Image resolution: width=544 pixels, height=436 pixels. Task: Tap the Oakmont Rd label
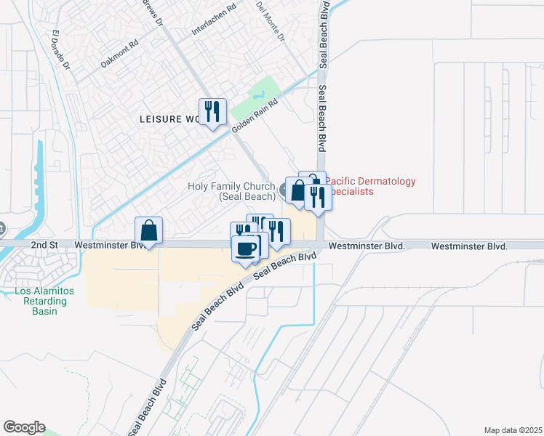[x=119, y=53]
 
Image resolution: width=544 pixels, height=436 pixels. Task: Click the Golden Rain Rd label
[x=255, y=116]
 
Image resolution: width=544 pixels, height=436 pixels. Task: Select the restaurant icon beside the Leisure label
[x=212, y=112]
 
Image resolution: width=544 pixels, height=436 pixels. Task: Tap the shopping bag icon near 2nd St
[x=148, y=230]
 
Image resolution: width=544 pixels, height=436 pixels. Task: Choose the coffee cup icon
[x=245, y=249]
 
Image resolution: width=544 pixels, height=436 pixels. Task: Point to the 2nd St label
[x=44, y=246]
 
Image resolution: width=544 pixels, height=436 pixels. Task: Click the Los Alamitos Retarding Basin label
[x=44, y=301]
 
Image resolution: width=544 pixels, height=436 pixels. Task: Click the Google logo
[x=24, y=427]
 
